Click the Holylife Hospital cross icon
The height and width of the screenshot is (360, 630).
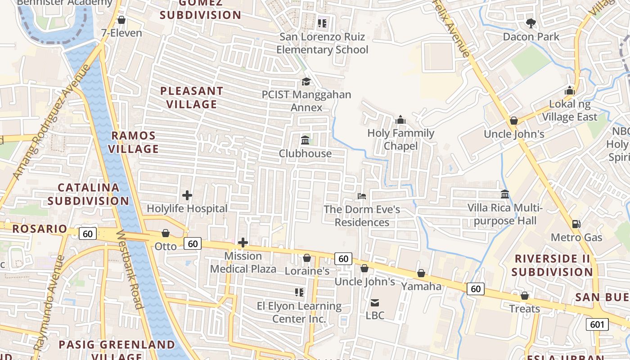187,195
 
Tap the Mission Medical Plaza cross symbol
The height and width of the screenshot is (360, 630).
243,243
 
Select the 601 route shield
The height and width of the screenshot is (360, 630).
597,324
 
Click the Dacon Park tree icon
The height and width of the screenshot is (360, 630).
531,23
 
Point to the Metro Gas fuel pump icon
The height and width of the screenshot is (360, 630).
576,224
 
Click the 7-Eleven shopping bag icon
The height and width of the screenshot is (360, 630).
121,20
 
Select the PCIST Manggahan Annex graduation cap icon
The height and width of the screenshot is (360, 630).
306,81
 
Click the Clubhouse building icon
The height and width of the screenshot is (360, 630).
305,140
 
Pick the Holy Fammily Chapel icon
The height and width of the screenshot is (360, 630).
400,120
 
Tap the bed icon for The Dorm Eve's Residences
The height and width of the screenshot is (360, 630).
362,196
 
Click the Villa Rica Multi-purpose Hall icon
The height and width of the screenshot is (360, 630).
505,194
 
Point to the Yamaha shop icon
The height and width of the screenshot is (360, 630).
421,273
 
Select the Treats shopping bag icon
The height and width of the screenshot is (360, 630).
524,296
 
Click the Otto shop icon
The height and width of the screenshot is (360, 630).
166,233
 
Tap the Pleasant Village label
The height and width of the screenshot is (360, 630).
192,98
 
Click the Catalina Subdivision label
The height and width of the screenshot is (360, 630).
88,194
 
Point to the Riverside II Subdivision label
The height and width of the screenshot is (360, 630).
552,265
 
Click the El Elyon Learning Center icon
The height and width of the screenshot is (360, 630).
299,293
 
